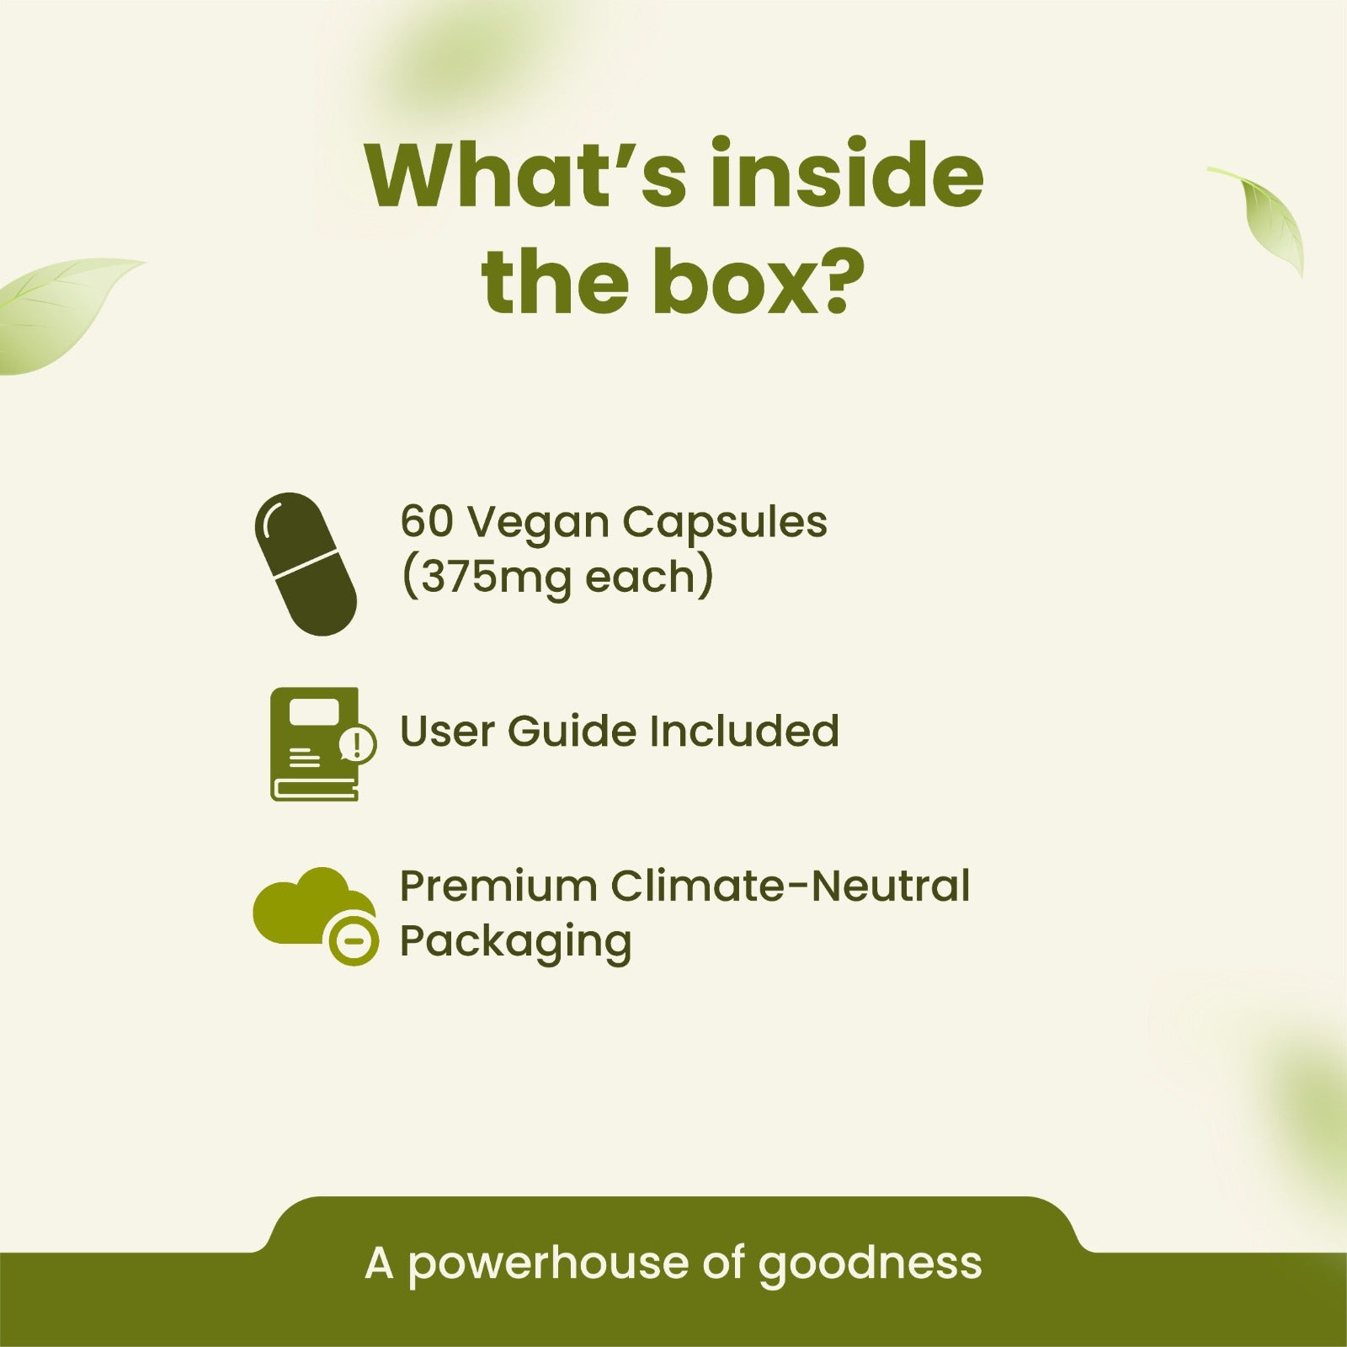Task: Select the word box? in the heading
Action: click(749, 277)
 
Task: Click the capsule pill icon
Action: click(306, 564)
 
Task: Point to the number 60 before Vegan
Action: click(426, 521)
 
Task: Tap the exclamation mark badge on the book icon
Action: click(358, 744)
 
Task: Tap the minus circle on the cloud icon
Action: click(354, 938)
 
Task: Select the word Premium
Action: click(498, 886)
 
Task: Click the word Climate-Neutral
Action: click(791, 886)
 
